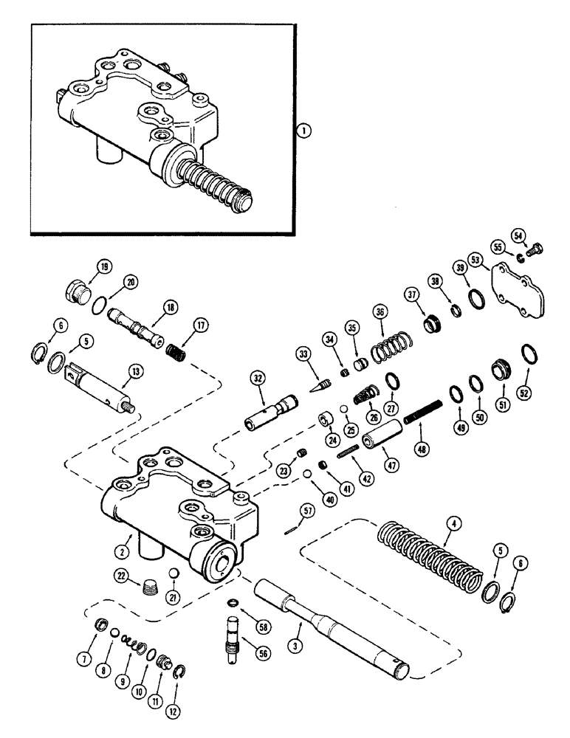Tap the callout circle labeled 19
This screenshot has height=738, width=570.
(x=104, y=268)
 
